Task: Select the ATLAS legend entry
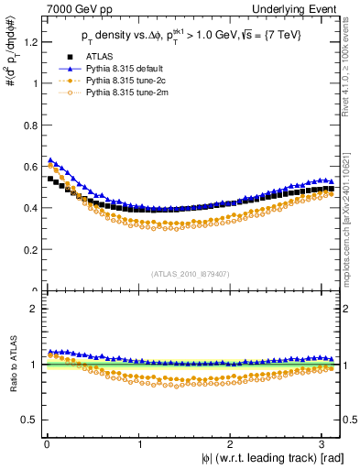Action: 101,56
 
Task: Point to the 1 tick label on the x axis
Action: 139,443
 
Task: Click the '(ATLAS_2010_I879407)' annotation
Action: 190,272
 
